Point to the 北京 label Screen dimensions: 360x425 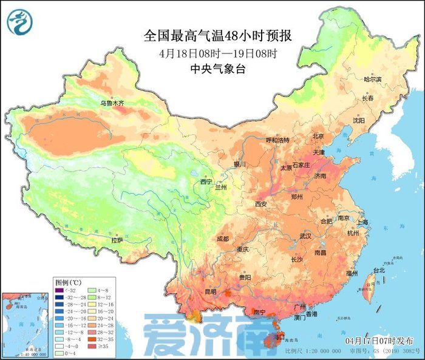point(318,136)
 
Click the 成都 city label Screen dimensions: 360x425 point(223,239)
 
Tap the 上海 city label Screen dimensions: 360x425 point(362,222)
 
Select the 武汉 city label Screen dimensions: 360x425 point(305,236)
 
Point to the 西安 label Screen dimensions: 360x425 point(261,204)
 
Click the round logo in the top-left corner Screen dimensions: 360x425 point(19,22)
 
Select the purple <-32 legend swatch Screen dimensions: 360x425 point(61,290)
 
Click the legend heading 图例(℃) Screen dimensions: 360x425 point(69,282)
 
